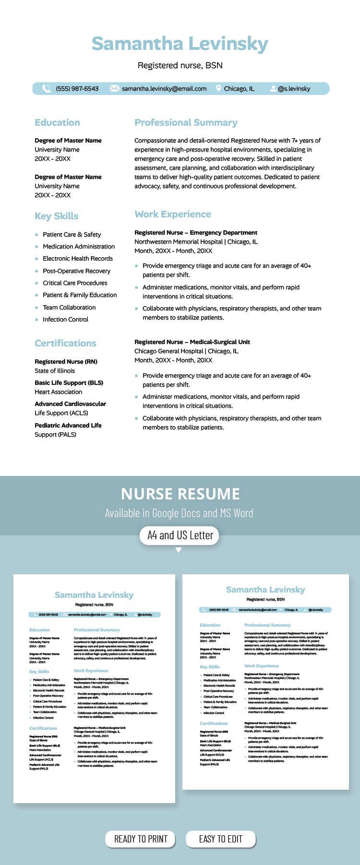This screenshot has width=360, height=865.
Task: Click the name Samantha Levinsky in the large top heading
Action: coord(180,44)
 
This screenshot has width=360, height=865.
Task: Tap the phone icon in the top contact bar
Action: coord(47,88)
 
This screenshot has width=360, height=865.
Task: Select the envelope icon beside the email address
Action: coord(114,88)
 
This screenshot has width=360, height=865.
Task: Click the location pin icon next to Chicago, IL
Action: coord(218,88)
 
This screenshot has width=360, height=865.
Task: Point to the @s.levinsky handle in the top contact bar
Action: coord(294,89)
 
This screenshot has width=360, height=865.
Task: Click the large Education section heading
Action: coord(57,123)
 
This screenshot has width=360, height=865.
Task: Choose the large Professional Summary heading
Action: coord(186,123)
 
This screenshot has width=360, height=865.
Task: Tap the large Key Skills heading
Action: coord(56,216)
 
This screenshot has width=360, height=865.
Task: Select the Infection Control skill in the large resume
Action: coord(65,320)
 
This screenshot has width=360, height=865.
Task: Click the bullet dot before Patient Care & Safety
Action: coord(36,235)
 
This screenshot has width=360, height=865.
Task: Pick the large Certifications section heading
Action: coord(65,344)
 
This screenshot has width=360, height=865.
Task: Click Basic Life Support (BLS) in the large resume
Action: coord(69,383)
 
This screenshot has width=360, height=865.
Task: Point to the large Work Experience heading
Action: coord(172,214)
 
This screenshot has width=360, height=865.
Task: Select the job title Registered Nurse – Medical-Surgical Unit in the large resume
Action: coord(192,342)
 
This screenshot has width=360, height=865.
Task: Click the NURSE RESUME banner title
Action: coord(180,494)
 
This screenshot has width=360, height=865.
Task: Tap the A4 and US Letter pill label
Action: coord(180,535)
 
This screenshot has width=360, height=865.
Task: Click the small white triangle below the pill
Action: coord(179,550)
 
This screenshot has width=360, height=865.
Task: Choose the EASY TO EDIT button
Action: coord(220,839)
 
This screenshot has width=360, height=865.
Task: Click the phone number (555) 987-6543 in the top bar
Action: coord(77,89)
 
